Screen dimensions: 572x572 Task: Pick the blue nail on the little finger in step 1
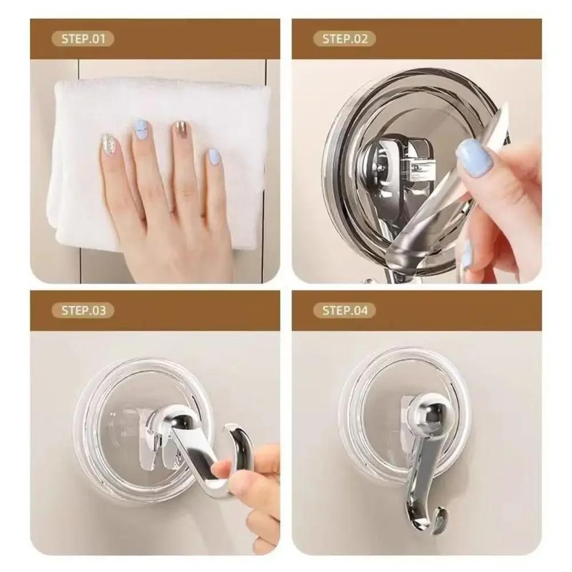click(x=213, y=157)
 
